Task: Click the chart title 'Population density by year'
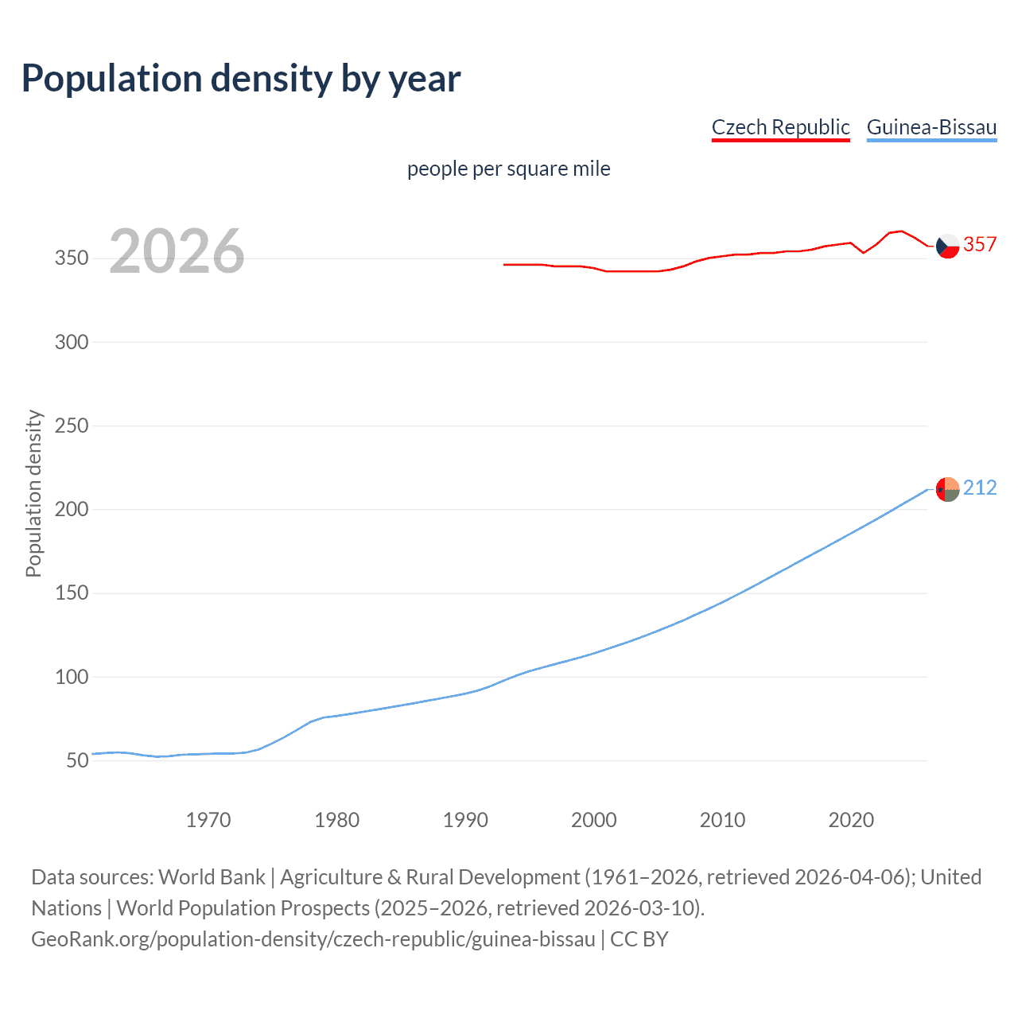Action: [241, 79]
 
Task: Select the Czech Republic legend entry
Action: [780, 127]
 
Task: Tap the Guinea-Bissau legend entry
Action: [931, 127]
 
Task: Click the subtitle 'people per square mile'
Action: [508, 169]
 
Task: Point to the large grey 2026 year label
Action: [177, 251]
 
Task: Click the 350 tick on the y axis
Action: [72, 258]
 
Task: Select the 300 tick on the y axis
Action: [72, 342]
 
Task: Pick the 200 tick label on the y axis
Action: [72, 509]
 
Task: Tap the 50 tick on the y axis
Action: [77, 760]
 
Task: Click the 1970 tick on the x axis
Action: [208, 820]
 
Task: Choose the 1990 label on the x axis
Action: [465, 820]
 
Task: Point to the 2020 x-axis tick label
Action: [851, 820]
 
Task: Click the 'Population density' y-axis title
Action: [33, 493]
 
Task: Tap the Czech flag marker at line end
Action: [947, 246]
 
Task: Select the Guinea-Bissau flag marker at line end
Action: [947, 489]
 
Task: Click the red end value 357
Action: [980, 244]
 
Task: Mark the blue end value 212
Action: [980, 488]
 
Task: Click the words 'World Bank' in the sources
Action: [212, 877]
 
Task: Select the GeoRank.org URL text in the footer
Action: [313, 939]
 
